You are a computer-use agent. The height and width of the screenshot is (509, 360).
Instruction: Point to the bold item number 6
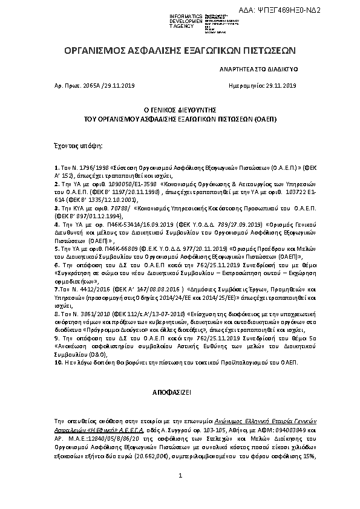(56, 265)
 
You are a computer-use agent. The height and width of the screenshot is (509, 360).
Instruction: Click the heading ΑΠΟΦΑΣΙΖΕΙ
(180, 392)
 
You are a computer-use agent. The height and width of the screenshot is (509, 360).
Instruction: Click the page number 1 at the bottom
(180, 493)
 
